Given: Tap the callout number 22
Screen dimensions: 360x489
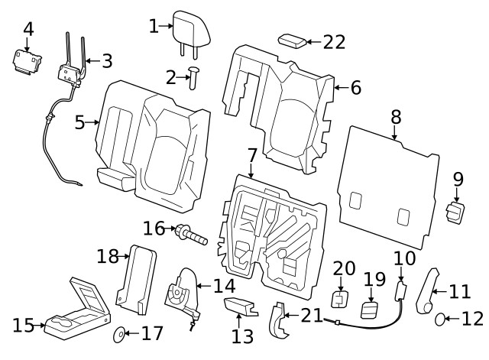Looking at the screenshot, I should (335, 42).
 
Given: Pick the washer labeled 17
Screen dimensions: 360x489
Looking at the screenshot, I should (120, 335).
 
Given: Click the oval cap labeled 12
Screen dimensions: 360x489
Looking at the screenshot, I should (441, 318).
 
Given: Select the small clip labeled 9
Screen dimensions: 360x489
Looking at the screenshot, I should (456, 214).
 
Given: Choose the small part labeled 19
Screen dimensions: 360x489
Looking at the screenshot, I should (371, 310).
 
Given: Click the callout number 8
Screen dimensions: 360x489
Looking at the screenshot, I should (395, 117).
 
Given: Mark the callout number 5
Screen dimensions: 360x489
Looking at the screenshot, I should (79, 122).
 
